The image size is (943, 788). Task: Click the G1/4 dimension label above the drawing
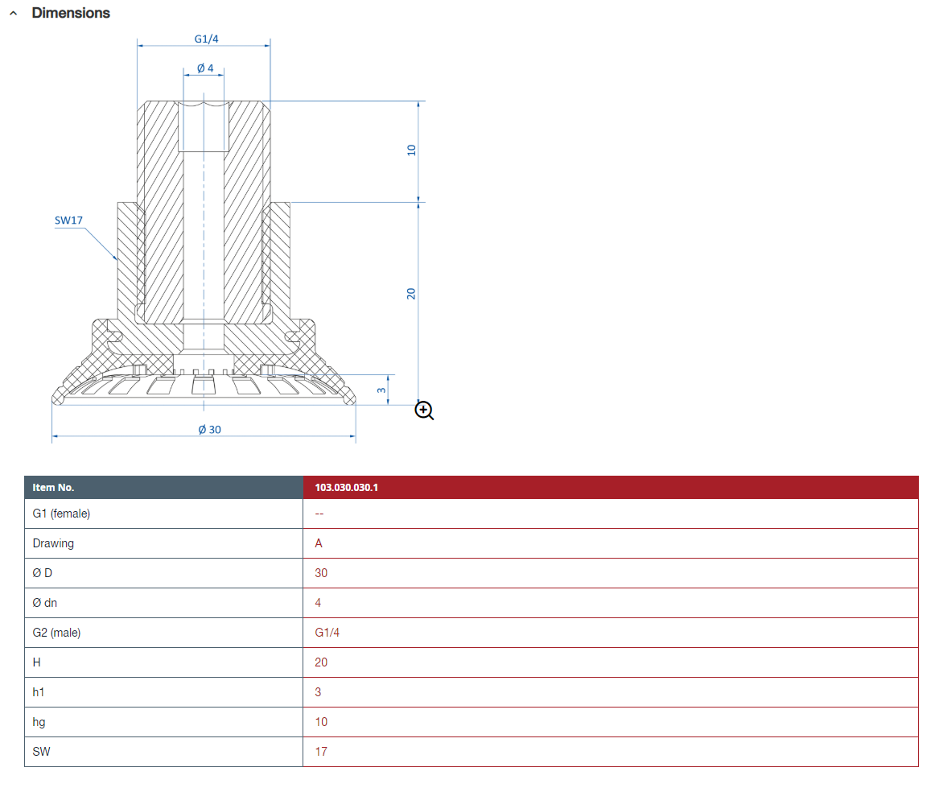coord(206,39)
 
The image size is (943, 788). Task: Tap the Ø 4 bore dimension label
coord(205,68)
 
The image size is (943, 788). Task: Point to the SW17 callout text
coord(68,221)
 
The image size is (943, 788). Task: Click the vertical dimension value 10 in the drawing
coord(411,150)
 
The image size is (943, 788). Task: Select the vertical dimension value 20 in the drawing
coord(411,294)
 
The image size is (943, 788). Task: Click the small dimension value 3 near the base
coord(381,390)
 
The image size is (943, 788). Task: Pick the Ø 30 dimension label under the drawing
coord(210,430)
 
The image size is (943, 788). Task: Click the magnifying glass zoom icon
coord(424,411)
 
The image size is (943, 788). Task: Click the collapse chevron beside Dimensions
coord(13,13)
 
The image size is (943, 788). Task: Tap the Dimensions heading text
coord(71,13)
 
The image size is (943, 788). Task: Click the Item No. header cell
coord(163,487)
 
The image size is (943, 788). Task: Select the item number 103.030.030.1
coord(347,487)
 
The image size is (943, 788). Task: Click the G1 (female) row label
coord(61,514)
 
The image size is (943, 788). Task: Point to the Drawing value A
coord(319,543)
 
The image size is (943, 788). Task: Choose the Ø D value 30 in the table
coord(321,573)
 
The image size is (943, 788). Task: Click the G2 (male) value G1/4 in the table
coord(327,633)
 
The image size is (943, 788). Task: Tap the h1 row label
coord(39,692)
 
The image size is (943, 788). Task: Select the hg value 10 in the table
coord(321,722)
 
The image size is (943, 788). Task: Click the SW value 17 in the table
coord(321,752)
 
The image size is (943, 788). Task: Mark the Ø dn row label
coord(45,603)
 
